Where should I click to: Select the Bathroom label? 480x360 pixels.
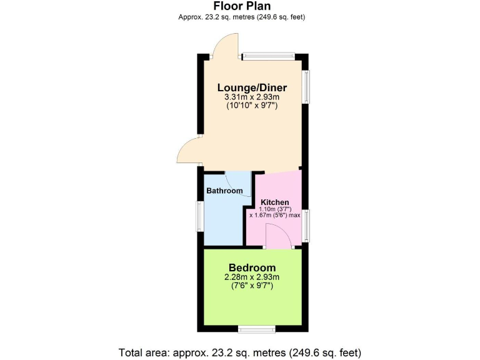tap(224, 191)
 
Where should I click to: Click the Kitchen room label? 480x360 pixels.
tap(275, 202)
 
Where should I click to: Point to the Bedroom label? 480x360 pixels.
tap(251, 268)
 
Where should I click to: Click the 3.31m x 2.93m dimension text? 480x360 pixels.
tap(251, 97)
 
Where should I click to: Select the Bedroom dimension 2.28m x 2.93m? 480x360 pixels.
tap(251, 277)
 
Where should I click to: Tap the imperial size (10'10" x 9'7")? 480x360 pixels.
tap(251, 106)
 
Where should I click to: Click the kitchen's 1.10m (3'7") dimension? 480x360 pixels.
tap(275, 209)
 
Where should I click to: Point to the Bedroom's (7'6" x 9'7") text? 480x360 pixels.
tap(251, 286)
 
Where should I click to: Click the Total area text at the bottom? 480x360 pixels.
tap(240, 352)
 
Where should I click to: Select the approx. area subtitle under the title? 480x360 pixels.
tap(241, 17)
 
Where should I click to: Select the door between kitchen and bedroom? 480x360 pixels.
tap(277, 237)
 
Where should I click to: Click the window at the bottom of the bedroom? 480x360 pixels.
tap(256, 329)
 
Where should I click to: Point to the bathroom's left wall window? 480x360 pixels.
tap(200, 216)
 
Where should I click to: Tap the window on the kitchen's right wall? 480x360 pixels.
tap(306, 225)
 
